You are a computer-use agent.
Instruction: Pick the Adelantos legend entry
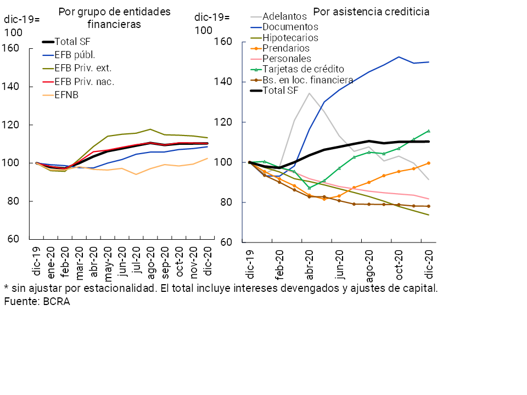(284, 16)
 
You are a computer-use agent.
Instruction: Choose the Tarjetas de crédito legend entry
(303, 69)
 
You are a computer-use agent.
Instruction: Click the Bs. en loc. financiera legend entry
(307, 80)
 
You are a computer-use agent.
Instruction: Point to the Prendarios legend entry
(286, 48)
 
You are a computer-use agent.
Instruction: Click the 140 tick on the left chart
(12, 87)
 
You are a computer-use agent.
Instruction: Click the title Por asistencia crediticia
(371, 12)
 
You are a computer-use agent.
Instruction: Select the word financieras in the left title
(114, 24)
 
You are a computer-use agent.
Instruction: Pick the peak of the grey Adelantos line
(310, 93)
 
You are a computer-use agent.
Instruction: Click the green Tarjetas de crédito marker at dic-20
(429, 131)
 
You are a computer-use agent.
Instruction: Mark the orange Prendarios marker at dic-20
(429, 163)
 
